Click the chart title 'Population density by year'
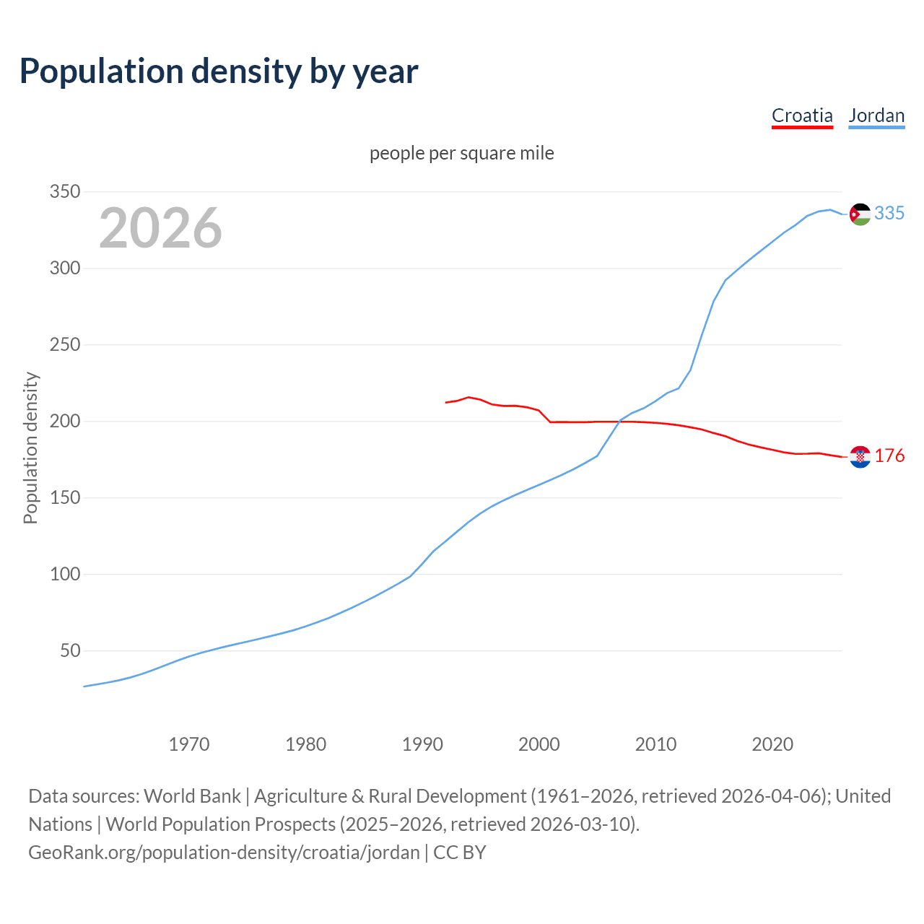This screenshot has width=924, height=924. [x=219, y=71]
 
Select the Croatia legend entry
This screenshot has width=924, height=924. [x=802, y=115]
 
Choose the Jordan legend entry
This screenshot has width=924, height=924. [x=876, y=115]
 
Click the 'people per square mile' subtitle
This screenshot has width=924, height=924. [x=462, y=153]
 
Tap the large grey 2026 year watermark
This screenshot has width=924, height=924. [x=160, y=228]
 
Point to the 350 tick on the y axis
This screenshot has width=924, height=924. [x=64, y=192]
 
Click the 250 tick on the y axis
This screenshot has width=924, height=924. [x=64, y=345]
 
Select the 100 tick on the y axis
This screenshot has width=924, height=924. [x=64, y=575]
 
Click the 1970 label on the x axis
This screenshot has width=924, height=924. [x=189, y=744]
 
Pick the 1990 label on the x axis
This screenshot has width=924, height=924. [x=422, y=744]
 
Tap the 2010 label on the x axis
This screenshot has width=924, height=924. [x=655, y=744]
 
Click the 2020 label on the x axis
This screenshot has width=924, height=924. [x=772, y=744]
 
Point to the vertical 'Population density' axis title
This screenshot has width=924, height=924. [x=30, y=448]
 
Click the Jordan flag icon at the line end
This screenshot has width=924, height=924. [x=860, y=214]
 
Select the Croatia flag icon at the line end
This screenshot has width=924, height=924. [x=860, y=457]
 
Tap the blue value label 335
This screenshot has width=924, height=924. [x=889, y=213]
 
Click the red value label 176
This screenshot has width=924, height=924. [x=889, y=456]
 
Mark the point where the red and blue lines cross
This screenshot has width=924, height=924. [x=619, y=422]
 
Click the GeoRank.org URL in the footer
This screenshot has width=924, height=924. [x=224, y=853]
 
